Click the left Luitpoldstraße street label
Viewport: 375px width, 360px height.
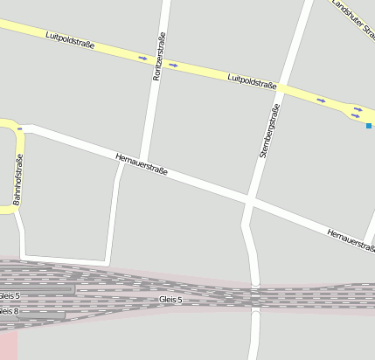[70, 39]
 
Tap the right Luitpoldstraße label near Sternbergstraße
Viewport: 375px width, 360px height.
[252, 82]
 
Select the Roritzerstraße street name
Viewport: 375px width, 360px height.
[158, 57]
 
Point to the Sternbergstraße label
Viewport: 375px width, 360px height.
[268, 130]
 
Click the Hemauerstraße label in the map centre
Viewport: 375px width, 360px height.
[141, 163]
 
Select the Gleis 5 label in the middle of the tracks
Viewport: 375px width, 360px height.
[171, 300]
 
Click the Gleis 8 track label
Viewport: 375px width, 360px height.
[9, 311]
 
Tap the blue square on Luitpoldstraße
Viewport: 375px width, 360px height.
[369, 126]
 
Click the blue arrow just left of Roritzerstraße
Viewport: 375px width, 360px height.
[142, 59]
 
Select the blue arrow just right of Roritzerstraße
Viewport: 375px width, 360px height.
[173, 65]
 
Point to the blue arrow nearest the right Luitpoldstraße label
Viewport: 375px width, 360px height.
[321, 100]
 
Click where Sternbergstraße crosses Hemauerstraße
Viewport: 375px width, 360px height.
[251, 201]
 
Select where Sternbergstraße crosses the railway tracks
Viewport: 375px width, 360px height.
[254, 297]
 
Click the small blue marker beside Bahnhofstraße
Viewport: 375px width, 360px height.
[19, 128]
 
